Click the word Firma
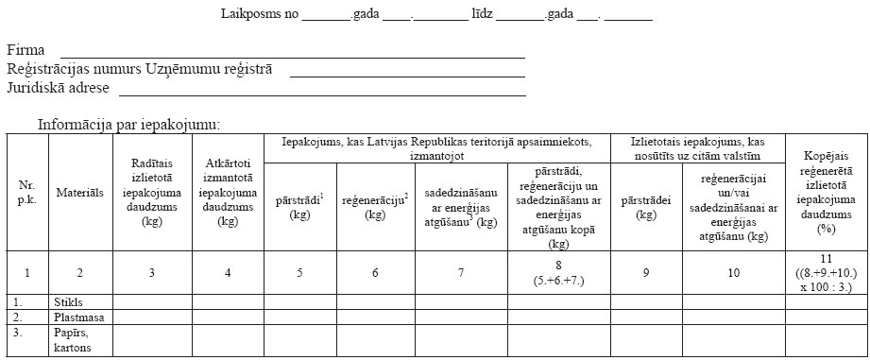(26, 50)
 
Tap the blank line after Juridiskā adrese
(321, 94)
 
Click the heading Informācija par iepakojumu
(128, 125)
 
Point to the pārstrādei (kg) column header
(646, 208)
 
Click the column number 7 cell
(460, 273)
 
